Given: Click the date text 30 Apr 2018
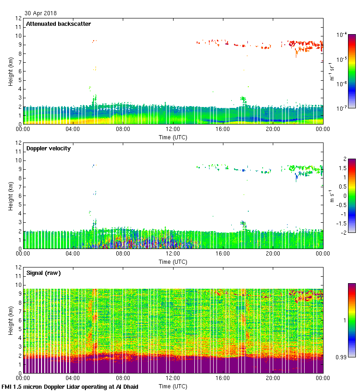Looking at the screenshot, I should pyautogui.click(x=41, y=14).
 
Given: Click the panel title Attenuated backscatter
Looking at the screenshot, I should pyautogui.click(x=58, y=24).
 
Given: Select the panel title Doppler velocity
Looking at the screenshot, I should pyautogui.click(x=48, y=148).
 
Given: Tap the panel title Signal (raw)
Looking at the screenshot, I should pyautogui.click(x=43, y=273).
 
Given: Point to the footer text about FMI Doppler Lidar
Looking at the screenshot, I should pyautogui.click(x=70, y=386).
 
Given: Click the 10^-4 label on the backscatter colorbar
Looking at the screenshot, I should pyautogui.click(x=342, y=35).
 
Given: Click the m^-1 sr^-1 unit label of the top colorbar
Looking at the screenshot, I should pyautogui.click(x=332, y=71).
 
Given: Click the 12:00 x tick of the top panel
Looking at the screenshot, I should pyautogui.click(x=173, y=130).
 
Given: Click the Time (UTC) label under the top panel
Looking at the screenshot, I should pyautogui.click(x=173, y=137).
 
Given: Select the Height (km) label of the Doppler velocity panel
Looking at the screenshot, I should pyautogui.click(x=10, y=196).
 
